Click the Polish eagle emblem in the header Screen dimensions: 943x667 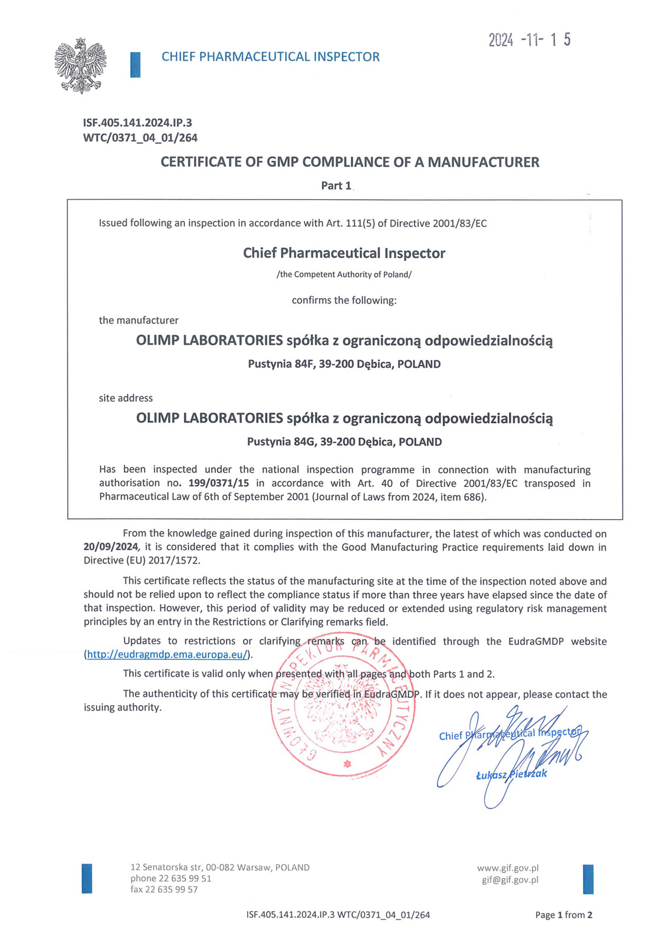point(80,65)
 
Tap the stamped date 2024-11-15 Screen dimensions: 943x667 point(529,40)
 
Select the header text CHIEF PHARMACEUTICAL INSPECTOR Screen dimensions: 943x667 point(270,57)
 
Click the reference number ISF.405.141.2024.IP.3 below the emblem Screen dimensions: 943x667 point(137,123)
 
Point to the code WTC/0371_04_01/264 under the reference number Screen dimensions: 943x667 point(140,138)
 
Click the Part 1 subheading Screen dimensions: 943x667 point(336,186)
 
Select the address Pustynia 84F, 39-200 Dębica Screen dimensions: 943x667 point(344,364)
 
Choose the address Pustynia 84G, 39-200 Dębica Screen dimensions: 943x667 point(344,442)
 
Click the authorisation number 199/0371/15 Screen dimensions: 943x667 point(218,483)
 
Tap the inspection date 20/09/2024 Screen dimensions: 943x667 point(110,547)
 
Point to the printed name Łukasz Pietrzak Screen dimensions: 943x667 point(511,774)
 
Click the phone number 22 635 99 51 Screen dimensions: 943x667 point(185,878)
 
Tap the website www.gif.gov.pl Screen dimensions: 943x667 point(508,868)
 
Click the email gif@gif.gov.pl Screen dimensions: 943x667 point(510,880)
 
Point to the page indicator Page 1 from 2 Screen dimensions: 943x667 point(563,915)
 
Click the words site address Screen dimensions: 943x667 point(126,398)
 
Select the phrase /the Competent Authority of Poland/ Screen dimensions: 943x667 point(344,275)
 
